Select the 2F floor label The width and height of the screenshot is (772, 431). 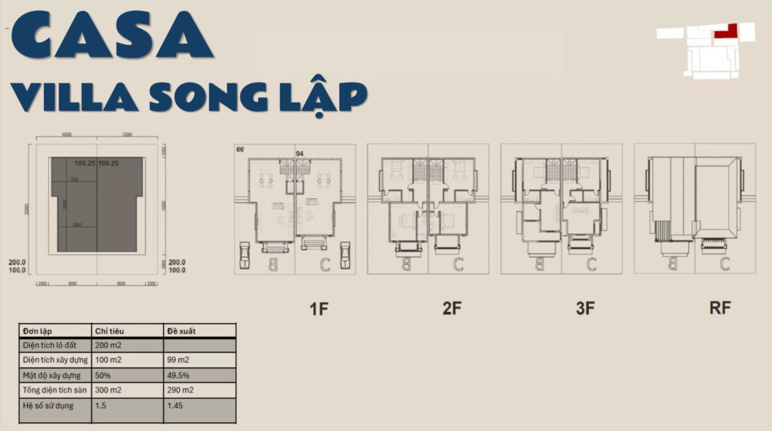[x=452, y=308]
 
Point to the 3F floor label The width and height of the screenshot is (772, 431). [x=585, y=308]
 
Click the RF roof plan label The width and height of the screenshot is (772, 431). [x=720, y=308]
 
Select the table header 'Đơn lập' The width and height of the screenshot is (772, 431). [x=38, y=331]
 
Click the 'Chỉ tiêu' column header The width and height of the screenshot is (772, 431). [x=110, y=331]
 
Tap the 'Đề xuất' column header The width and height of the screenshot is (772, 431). [x=182, y=331]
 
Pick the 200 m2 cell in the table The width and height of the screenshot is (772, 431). [x=109, y=345]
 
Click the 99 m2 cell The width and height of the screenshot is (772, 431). [x=178, y=360]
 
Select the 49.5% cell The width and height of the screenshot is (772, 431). [x=178, y=376]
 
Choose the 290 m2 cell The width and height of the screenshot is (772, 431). [x=180, y=390]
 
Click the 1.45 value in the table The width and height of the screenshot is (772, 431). [x=175, y=406]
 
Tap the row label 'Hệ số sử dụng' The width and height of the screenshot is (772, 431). [x=48, y=406]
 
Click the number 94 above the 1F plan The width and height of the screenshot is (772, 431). [x=300, y=153]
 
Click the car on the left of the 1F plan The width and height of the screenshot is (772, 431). [x=245, y=254]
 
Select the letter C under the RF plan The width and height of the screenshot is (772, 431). [x=724, y=263]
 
